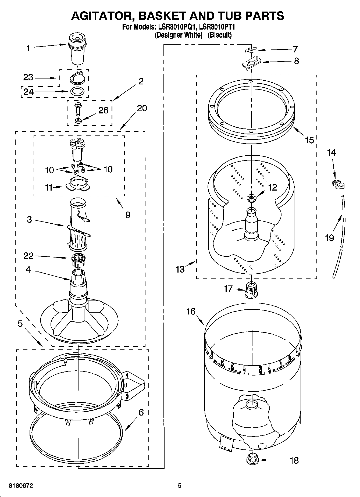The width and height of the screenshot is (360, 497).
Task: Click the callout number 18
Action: point(294,460)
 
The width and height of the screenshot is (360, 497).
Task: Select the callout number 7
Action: point(295,49)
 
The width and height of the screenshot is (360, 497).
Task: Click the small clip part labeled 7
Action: point(251,49)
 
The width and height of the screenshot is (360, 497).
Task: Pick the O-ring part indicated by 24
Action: point(77,91)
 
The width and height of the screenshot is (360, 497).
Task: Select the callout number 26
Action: point(103,110)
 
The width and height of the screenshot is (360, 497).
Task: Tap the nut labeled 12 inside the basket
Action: point(251,198)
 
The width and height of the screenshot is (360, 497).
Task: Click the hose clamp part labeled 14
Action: point(338,184)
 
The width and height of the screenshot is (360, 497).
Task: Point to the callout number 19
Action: point(329,238)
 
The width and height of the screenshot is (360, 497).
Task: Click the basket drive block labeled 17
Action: point(251,290)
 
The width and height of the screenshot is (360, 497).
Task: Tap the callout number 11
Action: point(49,187)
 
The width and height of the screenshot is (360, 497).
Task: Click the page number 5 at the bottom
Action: point(179,486)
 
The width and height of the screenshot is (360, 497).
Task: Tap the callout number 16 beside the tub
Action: point(191,312)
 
